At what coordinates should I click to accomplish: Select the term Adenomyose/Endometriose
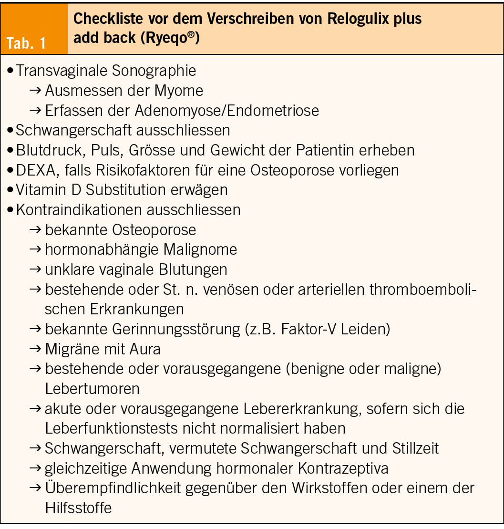click(226, 111)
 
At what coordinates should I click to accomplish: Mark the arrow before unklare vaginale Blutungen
click(36, 270)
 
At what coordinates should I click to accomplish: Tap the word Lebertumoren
click(93, 388)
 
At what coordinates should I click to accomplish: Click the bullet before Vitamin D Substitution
click(10, 190)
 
